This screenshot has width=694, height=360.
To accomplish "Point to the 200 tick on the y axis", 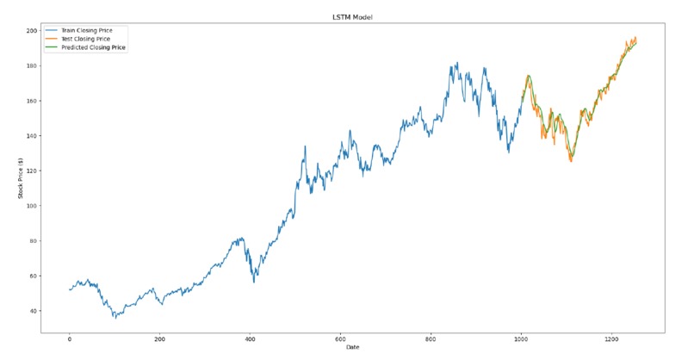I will [x=32, y=31].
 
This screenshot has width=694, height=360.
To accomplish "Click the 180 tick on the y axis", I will [x=32, y=66].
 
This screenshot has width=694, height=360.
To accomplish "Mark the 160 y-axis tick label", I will [x=32, y=101].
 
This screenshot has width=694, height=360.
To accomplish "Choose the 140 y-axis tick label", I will [x=32, y=136].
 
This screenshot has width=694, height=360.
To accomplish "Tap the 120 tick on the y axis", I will [x=32, y=171].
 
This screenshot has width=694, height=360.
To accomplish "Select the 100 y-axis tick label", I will [x=32, y=206].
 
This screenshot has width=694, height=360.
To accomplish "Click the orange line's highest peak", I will [x=635, y=37].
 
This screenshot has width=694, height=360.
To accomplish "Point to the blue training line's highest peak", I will [x=457, y=62].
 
